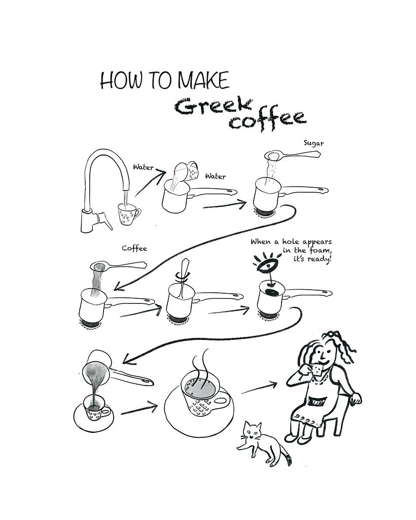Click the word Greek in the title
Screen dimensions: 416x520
[x=213, y=106]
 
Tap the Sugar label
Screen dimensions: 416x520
[x=314, y=143]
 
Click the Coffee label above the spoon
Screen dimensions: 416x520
[x=134, y=248]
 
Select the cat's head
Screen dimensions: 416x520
[x=252, y=431]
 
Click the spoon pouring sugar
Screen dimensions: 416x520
[x=292, y=155]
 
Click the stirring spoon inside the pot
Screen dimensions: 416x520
[x=183, y=278]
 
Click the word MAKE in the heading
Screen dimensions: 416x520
[x=203, y=81]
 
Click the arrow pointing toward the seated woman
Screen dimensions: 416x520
[x=259, y=388]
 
